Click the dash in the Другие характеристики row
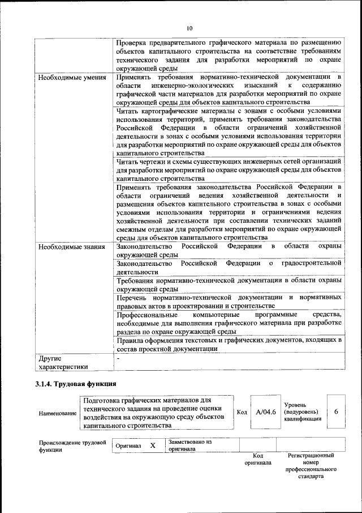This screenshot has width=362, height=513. point(118,359)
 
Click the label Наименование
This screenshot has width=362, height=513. point(58,413)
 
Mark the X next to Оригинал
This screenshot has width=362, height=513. point(153,446)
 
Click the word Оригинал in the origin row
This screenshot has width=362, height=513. point(128,446)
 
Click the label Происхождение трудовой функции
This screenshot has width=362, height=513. point(72,446)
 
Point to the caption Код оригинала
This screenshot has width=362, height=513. point(257,459)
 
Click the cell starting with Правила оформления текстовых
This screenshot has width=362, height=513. point(229,345)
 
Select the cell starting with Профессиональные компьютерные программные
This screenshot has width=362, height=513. point(229,323)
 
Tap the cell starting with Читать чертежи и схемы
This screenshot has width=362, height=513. point(229,169)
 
